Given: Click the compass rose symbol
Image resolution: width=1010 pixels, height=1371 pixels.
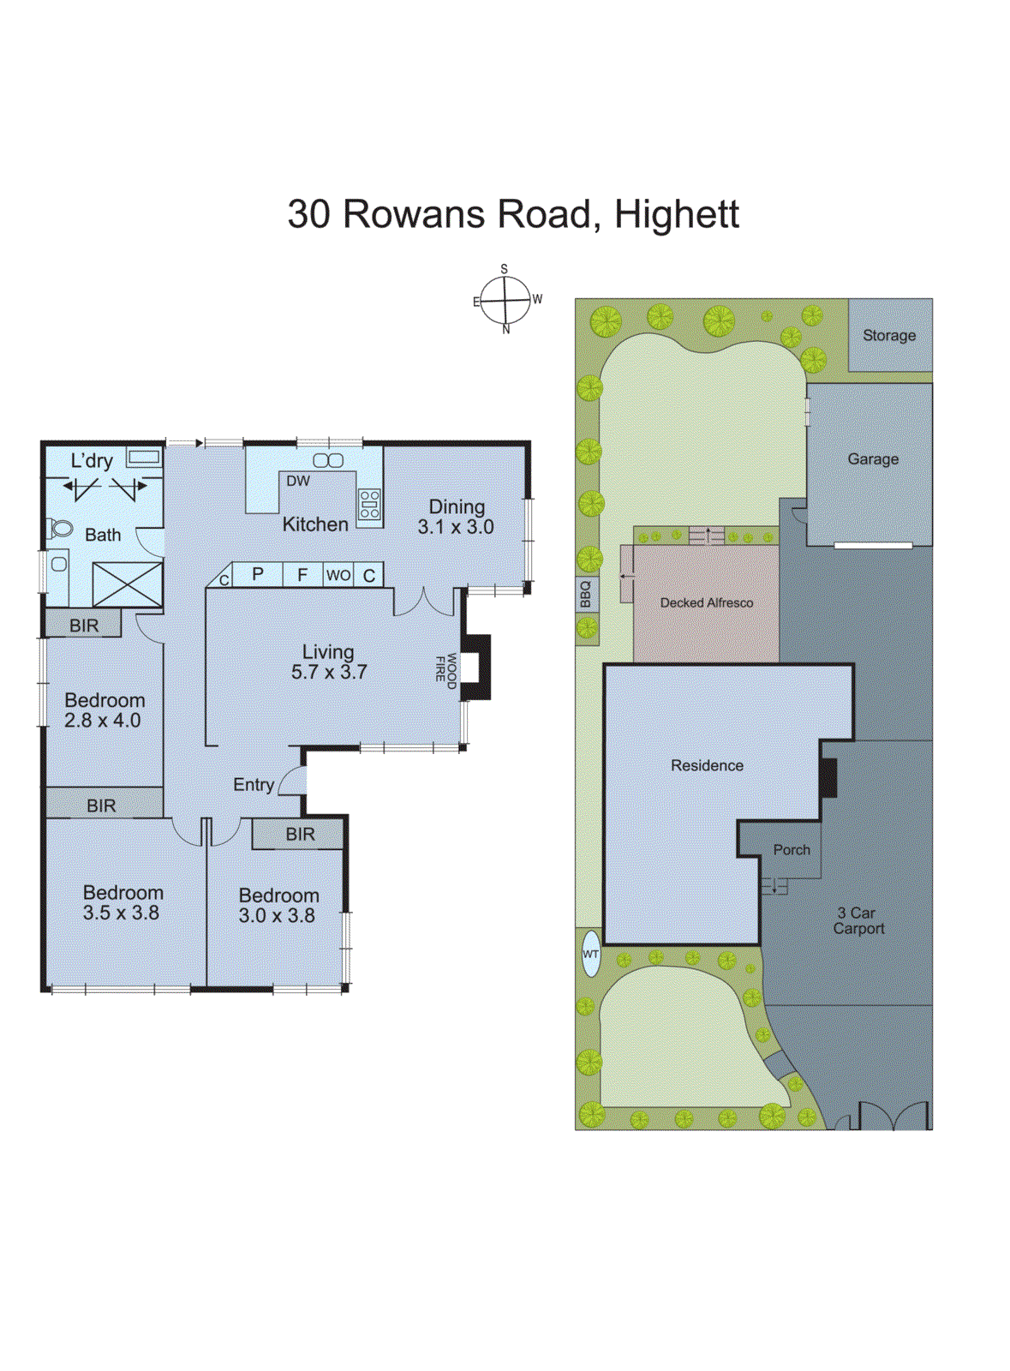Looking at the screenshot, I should pyautogui.click(x=505, y=301).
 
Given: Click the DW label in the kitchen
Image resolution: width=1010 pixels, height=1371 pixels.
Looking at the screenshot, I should pyautogui.click(x=298, y=482).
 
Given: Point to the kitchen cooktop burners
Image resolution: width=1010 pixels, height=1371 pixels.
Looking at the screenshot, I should pyautogui.click(x=369, y=504).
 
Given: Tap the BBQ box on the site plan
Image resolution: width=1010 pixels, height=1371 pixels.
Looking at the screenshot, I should pyautogui.click(x=586, y=594).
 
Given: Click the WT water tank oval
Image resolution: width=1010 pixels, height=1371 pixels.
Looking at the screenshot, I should pyautogui.click(x=591, y=953).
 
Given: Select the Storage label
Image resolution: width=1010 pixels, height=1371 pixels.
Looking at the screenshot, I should pyautogui.click(x=889, y=336).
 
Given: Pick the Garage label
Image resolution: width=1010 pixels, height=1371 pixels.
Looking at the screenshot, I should pyautogui.click(x=873, y=459).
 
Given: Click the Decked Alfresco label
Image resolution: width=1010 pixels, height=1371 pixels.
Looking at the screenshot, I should pyautogui.click(x=707, y=603).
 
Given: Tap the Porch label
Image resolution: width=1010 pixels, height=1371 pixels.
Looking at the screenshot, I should pyautogui.click(x=792, y=850).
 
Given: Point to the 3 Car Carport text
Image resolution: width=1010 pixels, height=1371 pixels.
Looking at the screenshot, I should pyautogui.click(x=858, y=921).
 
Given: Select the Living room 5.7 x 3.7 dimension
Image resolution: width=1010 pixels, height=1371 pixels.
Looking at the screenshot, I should pyautogui.click(x=329, y=673).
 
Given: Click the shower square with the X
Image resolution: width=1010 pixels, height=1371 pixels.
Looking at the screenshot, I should pyautogui.click(x=128, y=584).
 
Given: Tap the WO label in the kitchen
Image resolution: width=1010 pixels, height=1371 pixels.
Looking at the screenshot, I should pyautogui.click(x=338, y=575).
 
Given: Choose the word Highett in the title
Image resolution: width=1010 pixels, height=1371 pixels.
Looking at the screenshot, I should pyautogui.click(x=677, y=214).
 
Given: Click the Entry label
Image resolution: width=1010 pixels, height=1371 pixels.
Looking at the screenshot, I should pyautogui.click(x=254, y=785).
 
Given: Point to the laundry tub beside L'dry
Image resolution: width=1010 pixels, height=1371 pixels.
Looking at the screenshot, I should pyautogui.click(x=143, y=458).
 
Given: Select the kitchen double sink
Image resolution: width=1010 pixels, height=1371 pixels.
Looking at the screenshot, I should pyautogui.click(x=328, y=460).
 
